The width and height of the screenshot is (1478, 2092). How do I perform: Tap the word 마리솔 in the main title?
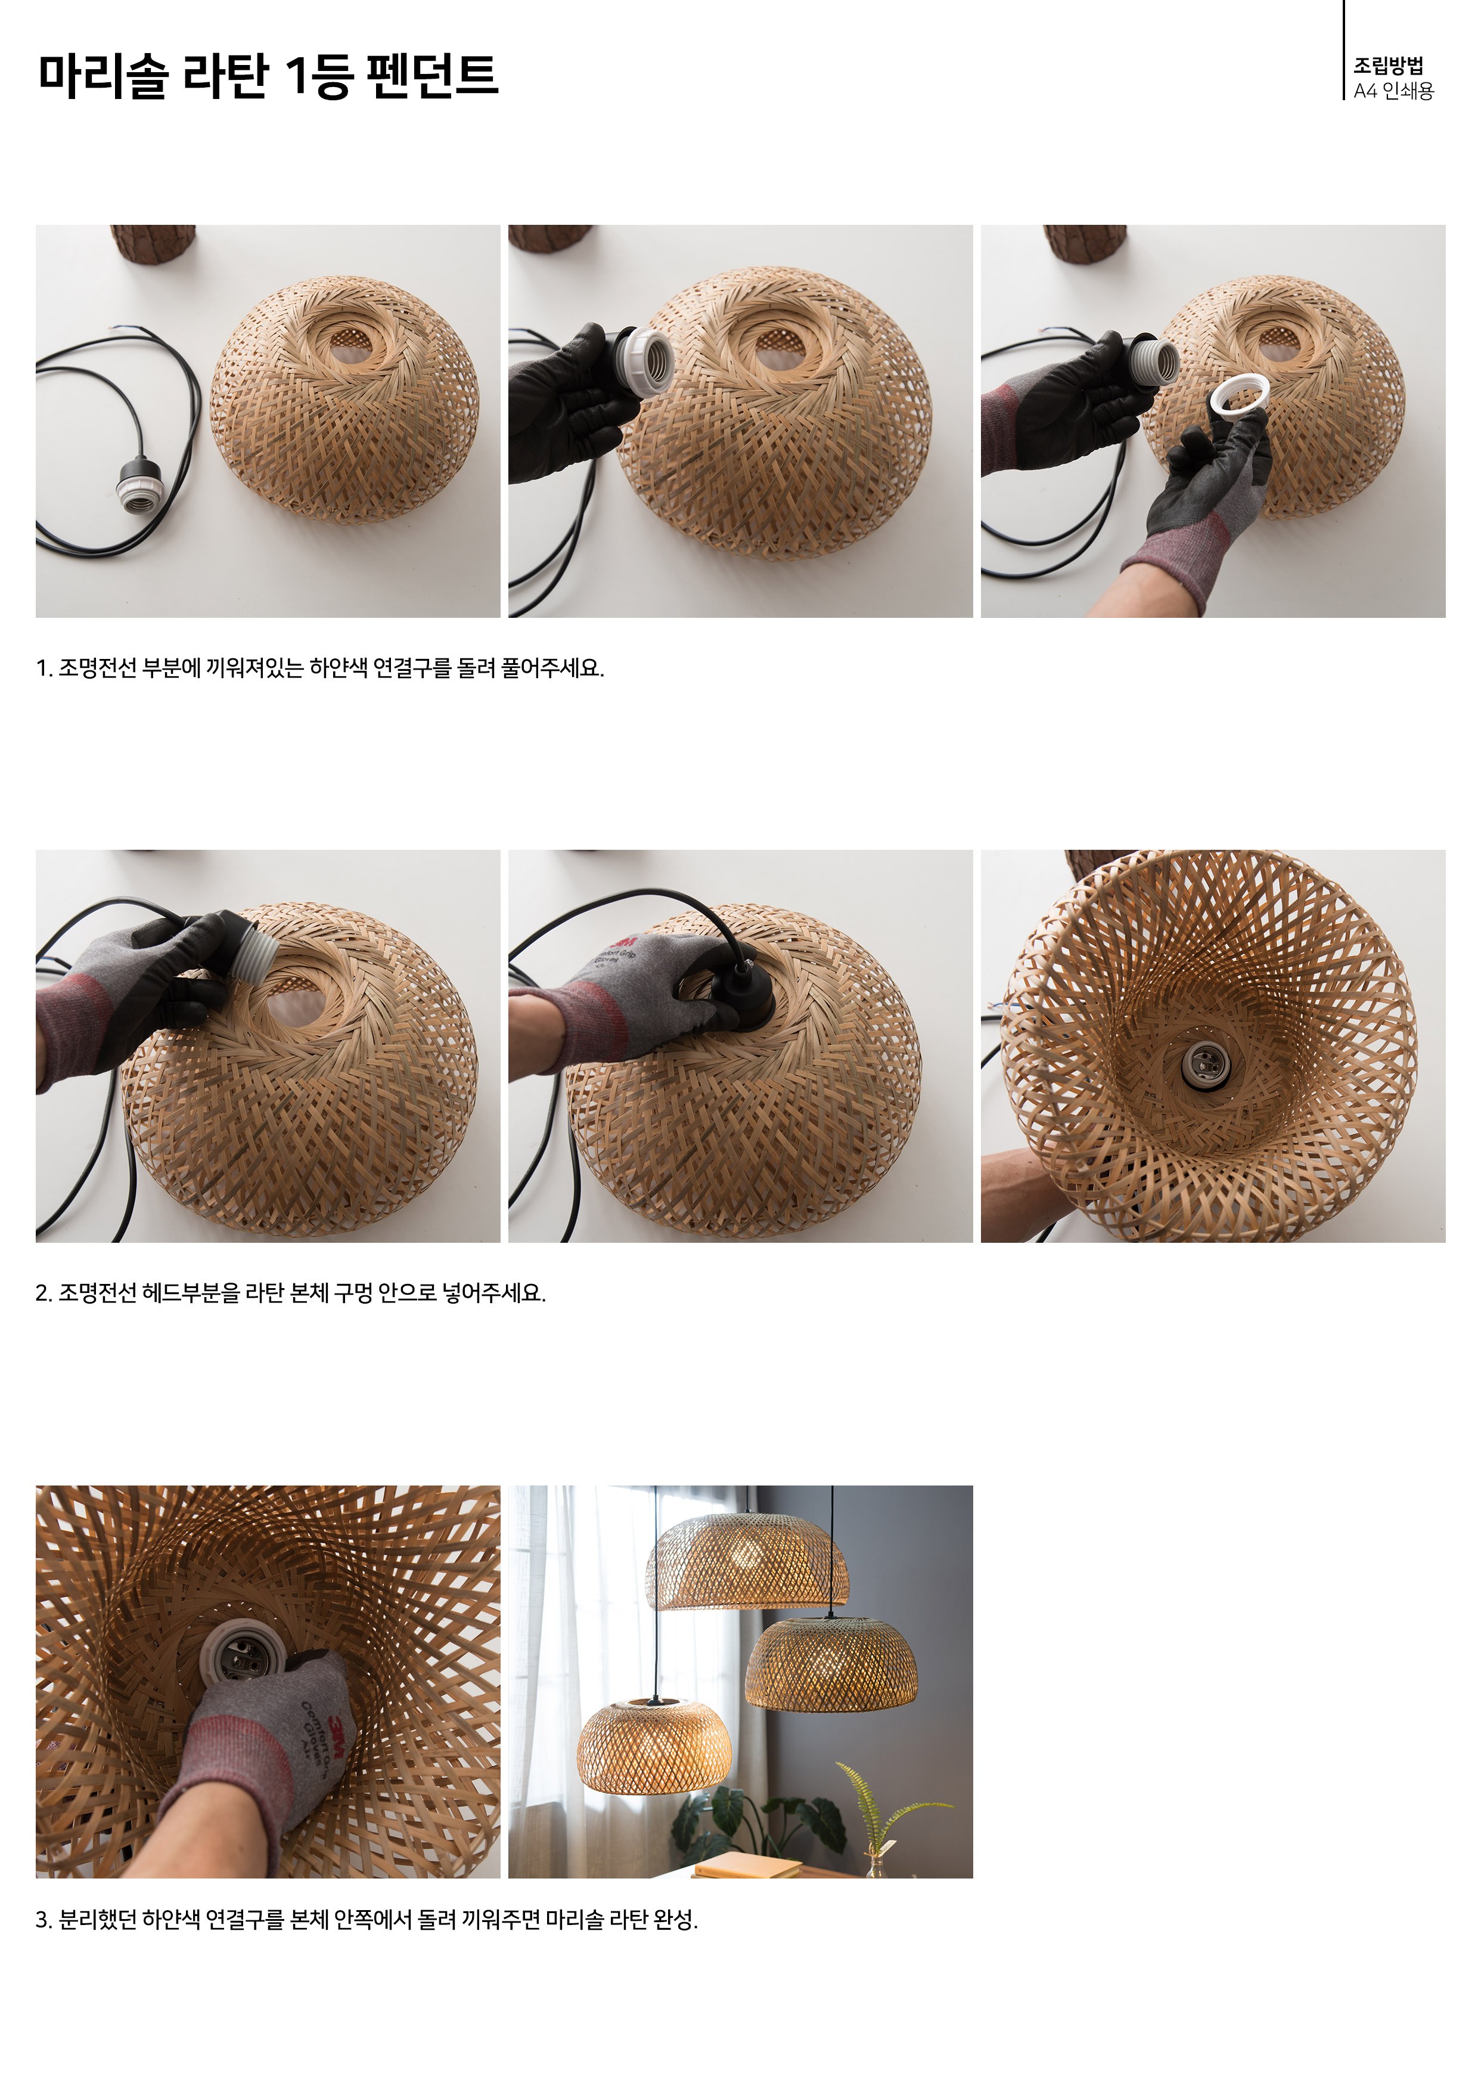[x=103, y=75]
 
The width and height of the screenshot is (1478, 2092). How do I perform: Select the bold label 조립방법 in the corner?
[x=1388, y=66]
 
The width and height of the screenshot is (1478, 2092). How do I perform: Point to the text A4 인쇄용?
[x=1393, y=91]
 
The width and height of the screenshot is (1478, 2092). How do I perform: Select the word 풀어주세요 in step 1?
[x=552, y=668]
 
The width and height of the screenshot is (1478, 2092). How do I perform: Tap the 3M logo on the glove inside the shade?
[x=339, y=1726]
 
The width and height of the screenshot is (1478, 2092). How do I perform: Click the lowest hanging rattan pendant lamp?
[x=654, y=1744]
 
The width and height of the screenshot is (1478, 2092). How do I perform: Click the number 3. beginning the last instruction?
[x=44, y=1920]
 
